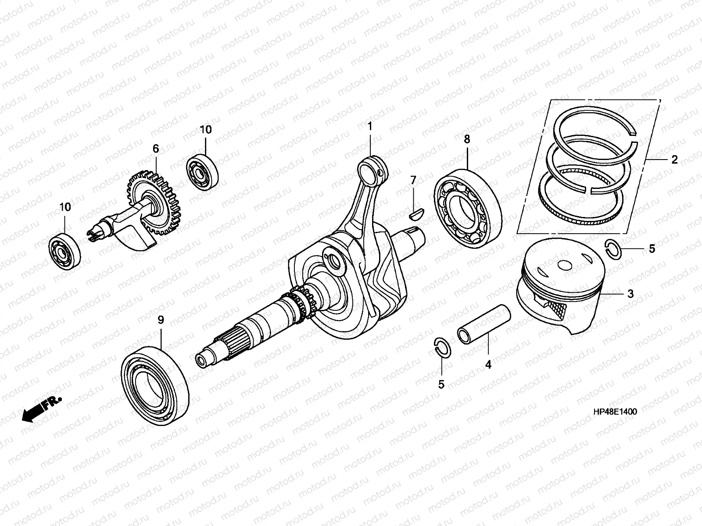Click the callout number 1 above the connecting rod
point(370,127)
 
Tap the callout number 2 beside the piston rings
point(674,160)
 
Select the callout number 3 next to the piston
point(630,294)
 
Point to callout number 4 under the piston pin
point(488,364)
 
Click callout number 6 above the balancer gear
point(156,149)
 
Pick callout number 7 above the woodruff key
point(413,181)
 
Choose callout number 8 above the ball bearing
point(467,139)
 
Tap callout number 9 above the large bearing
point(161,320)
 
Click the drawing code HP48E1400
point(615,412)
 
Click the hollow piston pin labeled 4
point(484,324)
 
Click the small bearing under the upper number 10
point(202,172)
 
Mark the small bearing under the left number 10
point(64,251)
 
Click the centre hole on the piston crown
point(565,265)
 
